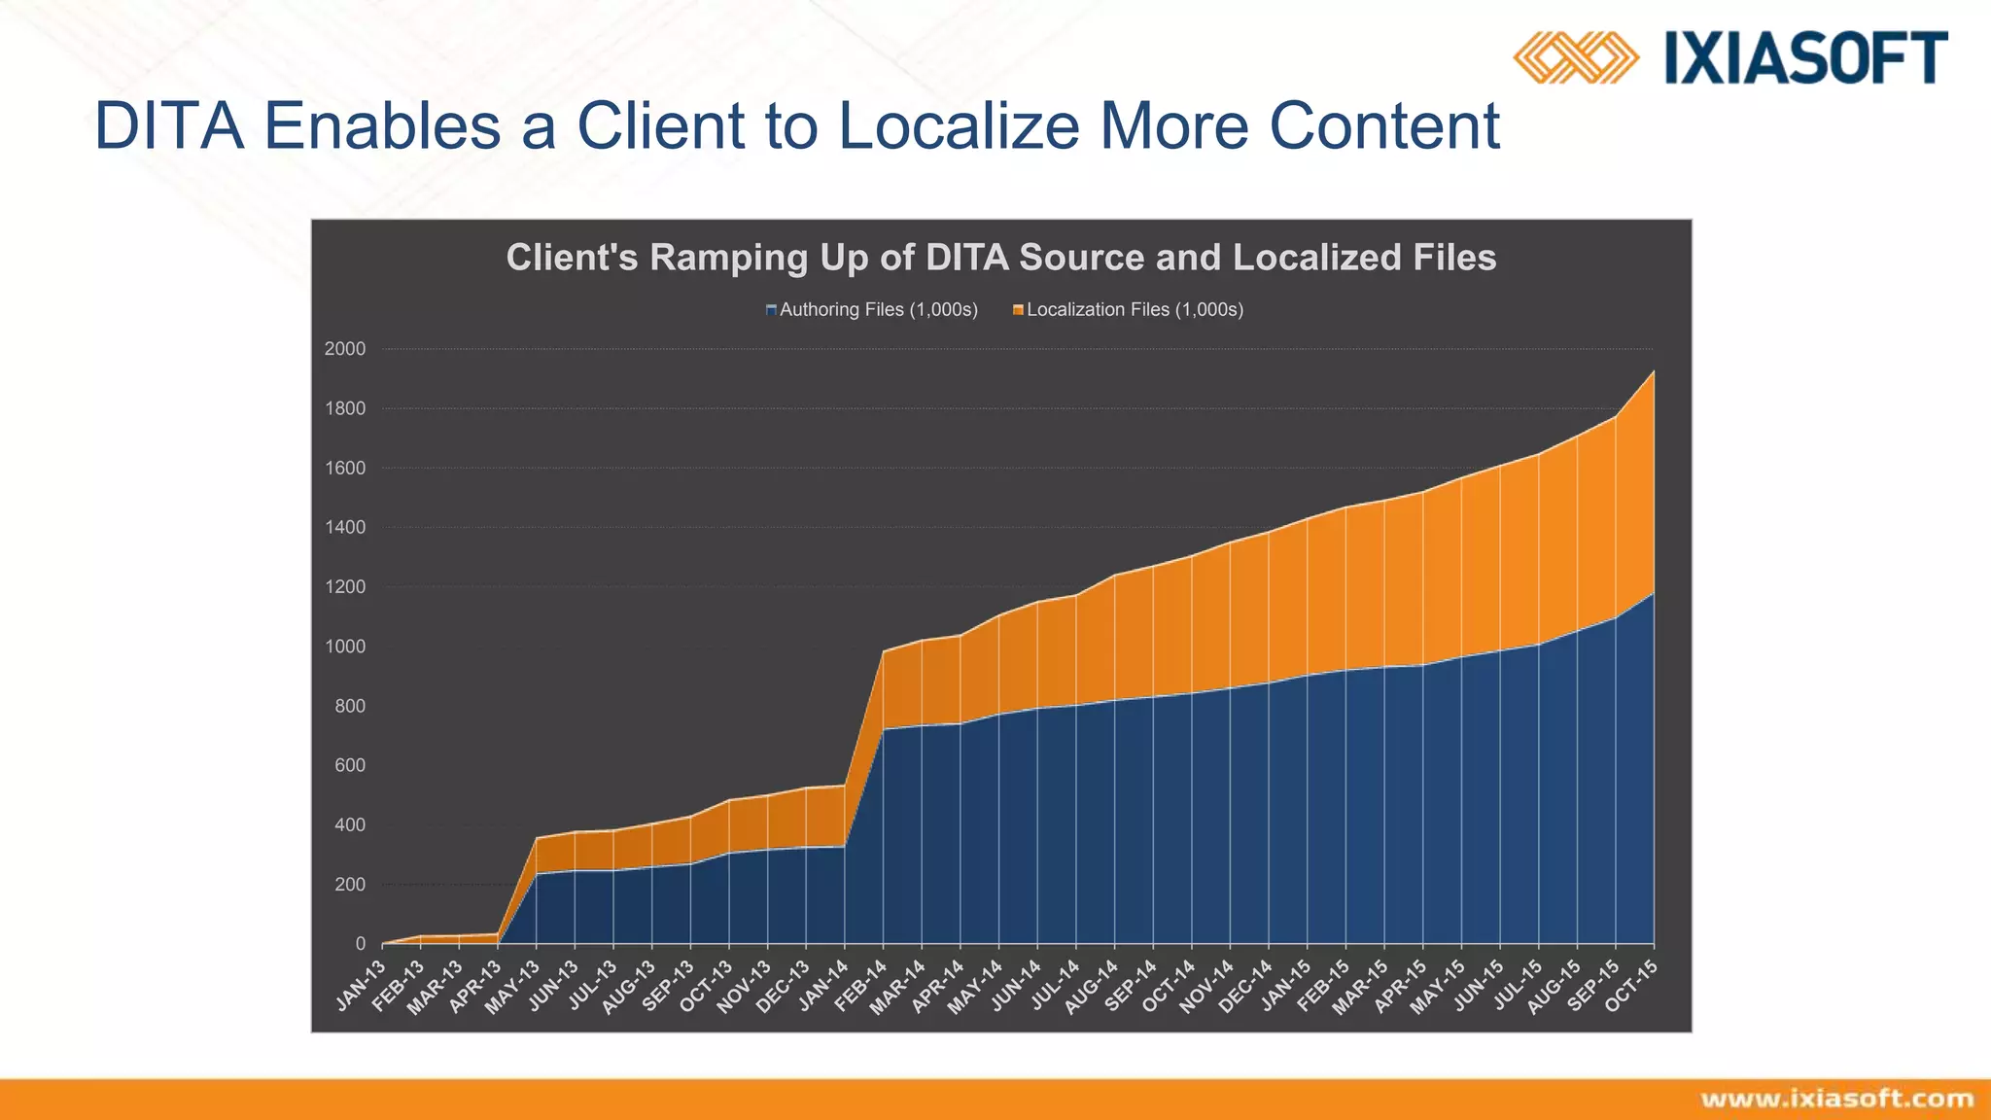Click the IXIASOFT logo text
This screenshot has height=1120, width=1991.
(1806, 57)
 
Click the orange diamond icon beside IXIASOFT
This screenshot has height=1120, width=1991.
(1575, 57)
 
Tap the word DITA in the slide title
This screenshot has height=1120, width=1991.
(169, 126)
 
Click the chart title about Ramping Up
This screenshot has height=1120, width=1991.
(1000, 258)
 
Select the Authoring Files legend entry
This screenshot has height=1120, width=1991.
(872, 310)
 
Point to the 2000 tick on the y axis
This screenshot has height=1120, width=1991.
(345, 349)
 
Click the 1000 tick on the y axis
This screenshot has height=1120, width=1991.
(345, 647)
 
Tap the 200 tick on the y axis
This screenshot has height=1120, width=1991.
(349, 885)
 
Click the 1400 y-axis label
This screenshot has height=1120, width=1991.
(345, 528)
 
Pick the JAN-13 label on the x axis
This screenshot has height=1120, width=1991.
(362, 986)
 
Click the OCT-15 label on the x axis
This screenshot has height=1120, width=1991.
(1631, 986)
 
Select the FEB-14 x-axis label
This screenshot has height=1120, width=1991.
(861, 986)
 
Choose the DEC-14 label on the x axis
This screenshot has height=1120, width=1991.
(1246, 986)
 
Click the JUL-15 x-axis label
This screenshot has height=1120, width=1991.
(1518, 986)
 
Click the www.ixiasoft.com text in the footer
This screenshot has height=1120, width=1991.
(1837, 1100)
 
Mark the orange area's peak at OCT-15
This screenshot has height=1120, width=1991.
(1653, 372)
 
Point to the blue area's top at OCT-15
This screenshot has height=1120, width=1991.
(1653, 593)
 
